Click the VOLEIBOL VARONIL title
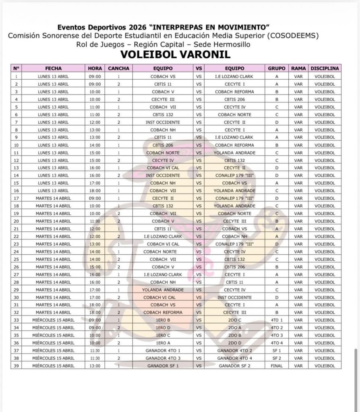(x=181, y=54)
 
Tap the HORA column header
(x=95, y=68)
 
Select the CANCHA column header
(x=119, y=68)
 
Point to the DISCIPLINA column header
(x=325, y=68)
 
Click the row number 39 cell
(x=16, y=366)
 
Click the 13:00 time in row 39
(x=95, y=366)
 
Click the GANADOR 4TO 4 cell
(x=235, y=358)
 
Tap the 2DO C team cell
(x=235, y=320)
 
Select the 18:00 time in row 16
(x=95, y=191)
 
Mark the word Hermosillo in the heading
(x=231, y=44)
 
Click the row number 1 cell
(x=16, y=76)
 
